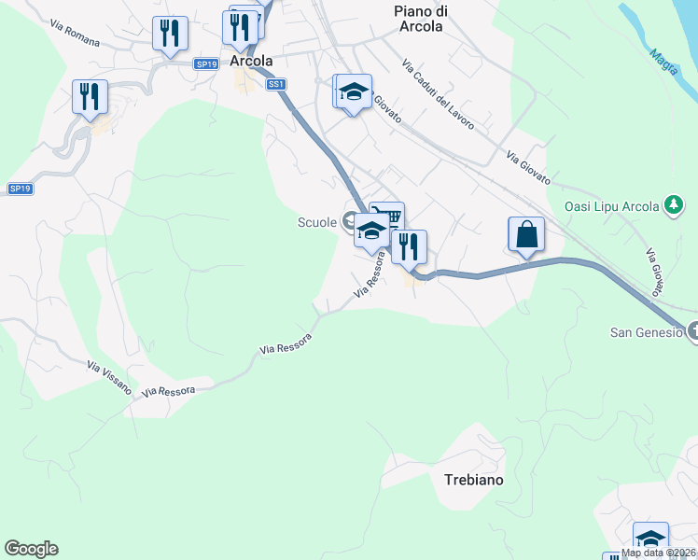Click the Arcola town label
point(251,62)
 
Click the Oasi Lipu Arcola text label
point(611,206)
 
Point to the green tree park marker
point(672,205)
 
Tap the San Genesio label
point(646,331)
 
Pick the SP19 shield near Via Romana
point(206,63)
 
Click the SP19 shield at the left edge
point(20,189)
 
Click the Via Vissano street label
point(109,377)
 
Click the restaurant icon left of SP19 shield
point(171,34)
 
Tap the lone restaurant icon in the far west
point(90,96)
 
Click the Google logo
point(31,549)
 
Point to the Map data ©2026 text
point(659,553)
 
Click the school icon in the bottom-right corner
point(650,540)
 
